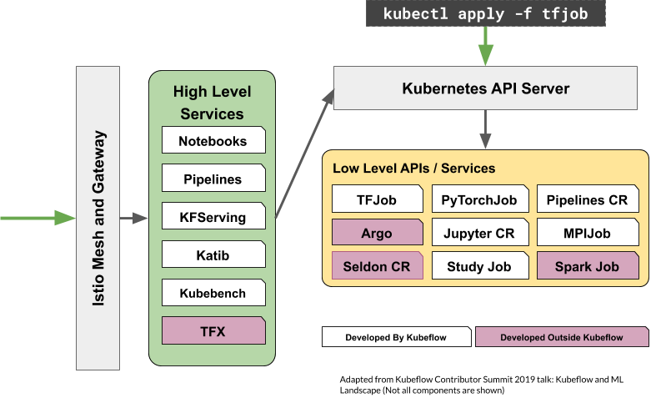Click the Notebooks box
click(x=213, y=141)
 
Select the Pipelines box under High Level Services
click(x=213, y=179)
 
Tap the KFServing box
click(x=213, y=217)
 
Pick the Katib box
click(x=213, y=254)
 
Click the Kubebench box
click(x=213, y=293)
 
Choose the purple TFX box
click(x=213, y=331)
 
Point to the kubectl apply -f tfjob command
click(x=485, y=14)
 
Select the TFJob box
click(x=377, y=200)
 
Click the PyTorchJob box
click(x=480, y=200)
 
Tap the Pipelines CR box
click(x=587, y=200)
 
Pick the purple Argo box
click(x=377, y=233)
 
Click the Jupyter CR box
click(x=480, y=233)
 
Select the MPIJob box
click(x=587, y=233)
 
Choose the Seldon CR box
click(x=377, y=266)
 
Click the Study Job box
click(x=480, y=266)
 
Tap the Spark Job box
click(x=587, y=266)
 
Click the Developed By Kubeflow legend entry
click(x=397, y=337)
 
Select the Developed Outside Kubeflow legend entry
click(x=562, y=337)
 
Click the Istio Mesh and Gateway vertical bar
click(x=98, y=218)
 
